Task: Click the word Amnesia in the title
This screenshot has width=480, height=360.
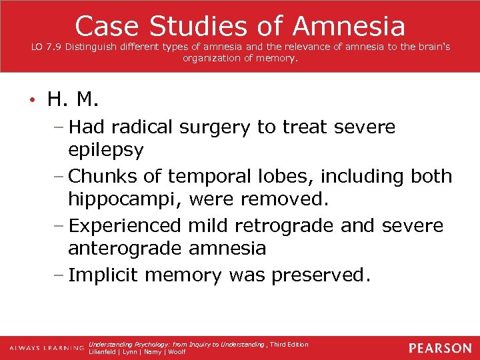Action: (x=349, y=26)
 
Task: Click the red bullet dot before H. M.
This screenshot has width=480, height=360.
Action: (x=31, y=101)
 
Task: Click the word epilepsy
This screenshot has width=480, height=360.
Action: (x=105, y=151)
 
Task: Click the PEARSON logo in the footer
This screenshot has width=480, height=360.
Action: (x=440, y=348)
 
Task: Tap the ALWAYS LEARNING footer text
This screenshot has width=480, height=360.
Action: (x=45, y=348)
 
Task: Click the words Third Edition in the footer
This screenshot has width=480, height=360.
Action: (x=289, y=344)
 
